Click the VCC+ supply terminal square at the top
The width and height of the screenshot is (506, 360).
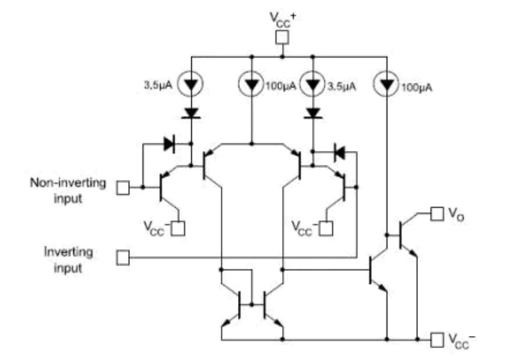[x=282, y=37]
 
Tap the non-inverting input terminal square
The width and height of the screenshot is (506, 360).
[x=122, y=188]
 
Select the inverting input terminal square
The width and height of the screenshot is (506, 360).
[x=122, y=258]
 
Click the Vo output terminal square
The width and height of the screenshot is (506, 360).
[x=437, y=214]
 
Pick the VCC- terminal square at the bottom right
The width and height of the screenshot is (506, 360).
[x=437, y=341]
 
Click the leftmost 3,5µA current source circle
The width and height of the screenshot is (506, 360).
[x=191, y=84]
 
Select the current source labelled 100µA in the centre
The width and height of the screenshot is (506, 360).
[x=252, y=84]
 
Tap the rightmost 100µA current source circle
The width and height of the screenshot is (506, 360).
[x=387, y=84]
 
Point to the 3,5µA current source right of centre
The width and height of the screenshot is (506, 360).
[x=313, y=84]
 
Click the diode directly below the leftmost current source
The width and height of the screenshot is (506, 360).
[x=191, y=114]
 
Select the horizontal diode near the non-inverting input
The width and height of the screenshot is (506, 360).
[x=169, y=144]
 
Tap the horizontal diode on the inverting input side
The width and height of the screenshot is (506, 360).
[x=340, y=152]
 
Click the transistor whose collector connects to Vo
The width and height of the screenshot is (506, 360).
[x=406, y=236]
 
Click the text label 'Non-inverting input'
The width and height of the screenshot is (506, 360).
[x=68, y=190]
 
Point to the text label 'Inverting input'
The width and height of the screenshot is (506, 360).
[x=68, y=260]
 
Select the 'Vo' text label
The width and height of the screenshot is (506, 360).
[x=456, y=214]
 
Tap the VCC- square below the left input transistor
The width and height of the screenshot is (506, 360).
[x=178, y=229]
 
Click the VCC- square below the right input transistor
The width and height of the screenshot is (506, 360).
[x=326, y=229]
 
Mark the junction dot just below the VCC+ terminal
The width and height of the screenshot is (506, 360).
[x=282, y=57]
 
